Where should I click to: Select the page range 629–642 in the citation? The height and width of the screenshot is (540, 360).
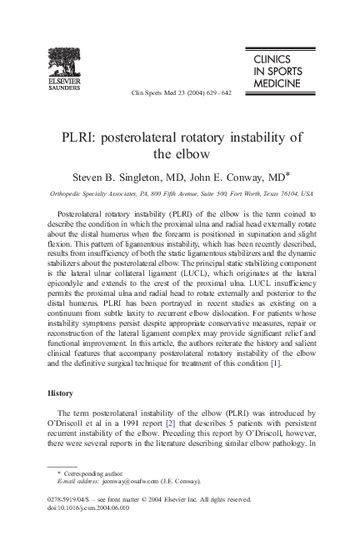click(x=217, y=93)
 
